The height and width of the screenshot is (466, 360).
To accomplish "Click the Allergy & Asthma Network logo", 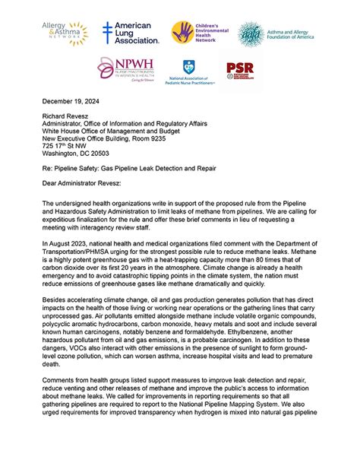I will click(65, 33).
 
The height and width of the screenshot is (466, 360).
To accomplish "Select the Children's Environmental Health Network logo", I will click(200, 33).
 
